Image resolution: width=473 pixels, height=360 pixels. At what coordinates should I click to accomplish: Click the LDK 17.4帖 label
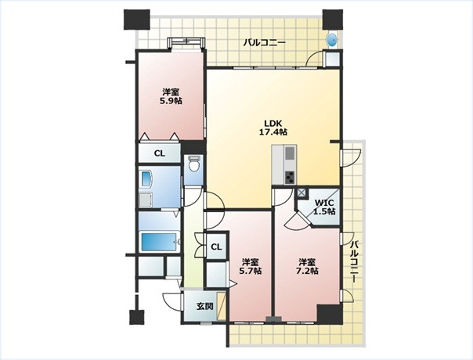click(x=273, y=128)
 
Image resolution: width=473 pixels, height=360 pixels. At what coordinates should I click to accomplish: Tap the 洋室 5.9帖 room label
click(x=171, y=96)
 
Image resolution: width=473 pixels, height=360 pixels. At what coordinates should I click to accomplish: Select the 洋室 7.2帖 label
click(x=307, y=266)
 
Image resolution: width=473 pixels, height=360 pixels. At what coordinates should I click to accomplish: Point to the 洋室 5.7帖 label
click(x=251, y=266)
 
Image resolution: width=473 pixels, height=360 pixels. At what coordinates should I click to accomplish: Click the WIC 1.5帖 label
click(x=324, y=207)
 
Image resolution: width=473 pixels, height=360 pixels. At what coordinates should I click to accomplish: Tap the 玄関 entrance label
click(x=205, y=306)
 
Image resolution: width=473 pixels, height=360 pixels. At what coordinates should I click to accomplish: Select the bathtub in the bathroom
click(x=159, y=242)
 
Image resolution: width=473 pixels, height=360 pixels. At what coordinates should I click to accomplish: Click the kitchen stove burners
click(x=290, y=178)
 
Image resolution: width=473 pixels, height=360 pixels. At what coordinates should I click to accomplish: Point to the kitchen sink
click(x=290, y=153)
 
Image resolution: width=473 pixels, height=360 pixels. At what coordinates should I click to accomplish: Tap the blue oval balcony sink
click(x=332, y=40)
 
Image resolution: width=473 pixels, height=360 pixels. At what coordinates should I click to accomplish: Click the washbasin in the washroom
click(x=146, y=178)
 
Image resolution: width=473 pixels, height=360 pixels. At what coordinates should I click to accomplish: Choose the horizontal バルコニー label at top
click(x=264, y=42)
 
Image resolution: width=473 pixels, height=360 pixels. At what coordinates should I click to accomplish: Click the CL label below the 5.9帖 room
click(x=160, y=153)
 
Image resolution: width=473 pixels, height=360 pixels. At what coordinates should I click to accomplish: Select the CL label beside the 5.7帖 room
click(x=216, y=247)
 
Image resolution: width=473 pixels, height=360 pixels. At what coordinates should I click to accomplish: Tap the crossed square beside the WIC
click(x=301, y=193)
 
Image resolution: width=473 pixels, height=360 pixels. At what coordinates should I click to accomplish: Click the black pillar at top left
click(x=137, y=20)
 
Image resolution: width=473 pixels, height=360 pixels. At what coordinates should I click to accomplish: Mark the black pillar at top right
click(x=332, y=20)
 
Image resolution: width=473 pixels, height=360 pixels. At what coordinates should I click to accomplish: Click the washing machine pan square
click(x=146, y=200)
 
